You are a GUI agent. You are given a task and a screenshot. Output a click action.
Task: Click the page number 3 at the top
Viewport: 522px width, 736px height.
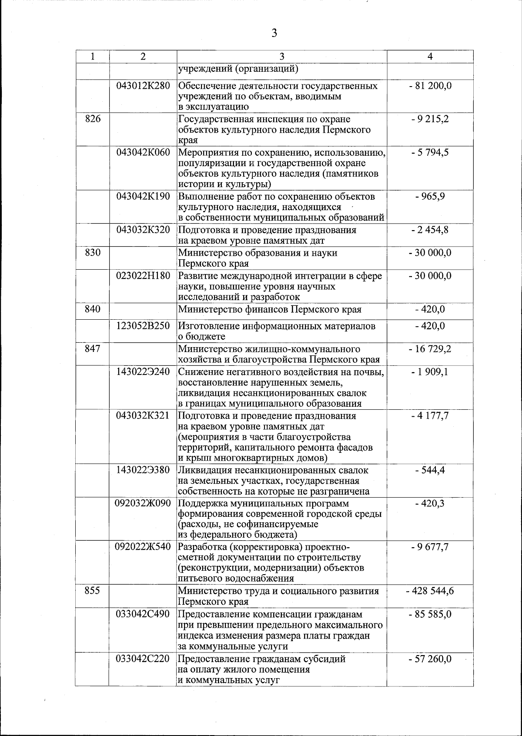274,33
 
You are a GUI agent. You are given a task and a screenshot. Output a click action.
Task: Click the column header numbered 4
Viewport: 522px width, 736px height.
430,57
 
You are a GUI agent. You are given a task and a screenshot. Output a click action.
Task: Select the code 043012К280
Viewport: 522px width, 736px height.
143,86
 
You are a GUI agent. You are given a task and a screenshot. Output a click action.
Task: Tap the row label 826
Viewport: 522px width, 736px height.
93,119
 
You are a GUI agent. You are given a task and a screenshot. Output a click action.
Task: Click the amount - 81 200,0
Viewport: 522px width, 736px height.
430,86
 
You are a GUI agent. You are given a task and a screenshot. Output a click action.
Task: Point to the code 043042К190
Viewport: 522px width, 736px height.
143,196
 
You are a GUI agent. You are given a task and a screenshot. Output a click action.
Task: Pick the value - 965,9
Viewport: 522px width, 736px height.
430,196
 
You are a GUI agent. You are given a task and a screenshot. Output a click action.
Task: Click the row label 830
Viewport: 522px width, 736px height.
93,252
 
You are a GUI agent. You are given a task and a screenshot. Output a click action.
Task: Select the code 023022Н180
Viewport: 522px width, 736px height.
143,276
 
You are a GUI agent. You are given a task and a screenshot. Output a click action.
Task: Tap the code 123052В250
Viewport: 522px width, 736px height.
143,326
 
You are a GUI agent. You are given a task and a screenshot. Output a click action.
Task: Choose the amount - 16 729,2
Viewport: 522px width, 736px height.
430,349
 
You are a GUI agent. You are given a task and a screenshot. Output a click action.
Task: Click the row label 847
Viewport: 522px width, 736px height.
93,349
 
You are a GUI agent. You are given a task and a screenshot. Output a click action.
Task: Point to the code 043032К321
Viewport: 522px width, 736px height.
143,415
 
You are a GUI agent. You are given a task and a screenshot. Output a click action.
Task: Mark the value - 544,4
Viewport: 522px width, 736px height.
430,470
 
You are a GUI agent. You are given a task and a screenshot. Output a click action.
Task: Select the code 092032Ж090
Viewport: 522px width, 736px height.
143,503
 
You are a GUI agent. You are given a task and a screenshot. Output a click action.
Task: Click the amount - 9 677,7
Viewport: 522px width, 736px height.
430,547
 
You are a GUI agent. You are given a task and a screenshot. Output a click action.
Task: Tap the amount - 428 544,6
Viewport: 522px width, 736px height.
430,591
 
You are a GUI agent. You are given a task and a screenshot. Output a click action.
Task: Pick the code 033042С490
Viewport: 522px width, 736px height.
143,614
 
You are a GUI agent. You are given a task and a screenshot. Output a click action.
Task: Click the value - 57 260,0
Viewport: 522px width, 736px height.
430,659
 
